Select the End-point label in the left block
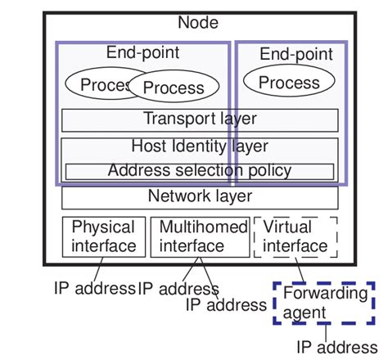(x=142, y=53)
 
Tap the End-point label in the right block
(x=296, y=55)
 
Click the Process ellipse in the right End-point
(x=289, y=83)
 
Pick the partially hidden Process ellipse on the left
(x=94, y=84)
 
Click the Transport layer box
(x=200, y=119)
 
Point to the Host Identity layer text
(x=200, y=146)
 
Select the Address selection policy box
(x=200, y=171)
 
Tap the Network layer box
(x=200, y=196)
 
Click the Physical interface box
(x=104, y=236)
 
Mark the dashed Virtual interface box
(x=295, y=236)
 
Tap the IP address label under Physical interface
(x=94, y=288)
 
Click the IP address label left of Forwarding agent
(x=226, y=304)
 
